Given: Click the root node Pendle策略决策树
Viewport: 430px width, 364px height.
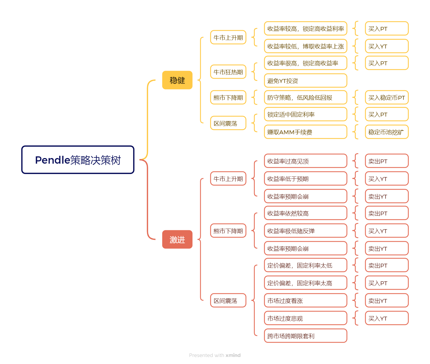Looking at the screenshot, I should (78, 160).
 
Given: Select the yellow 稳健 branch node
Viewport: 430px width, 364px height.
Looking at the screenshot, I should (177, 80).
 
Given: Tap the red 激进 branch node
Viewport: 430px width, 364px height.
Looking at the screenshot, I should (177, 239).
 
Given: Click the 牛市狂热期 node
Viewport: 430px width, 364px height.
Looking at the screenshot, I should (228, 72).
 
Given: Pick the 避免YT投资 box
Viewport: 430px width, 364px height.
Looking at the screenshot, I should (305, 81).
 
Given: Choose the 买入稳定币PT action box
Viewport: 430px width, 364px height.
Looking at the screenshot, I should (387, 98).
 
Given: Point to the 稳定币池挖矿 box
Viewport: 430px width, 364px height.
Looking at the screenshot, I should (387, 132).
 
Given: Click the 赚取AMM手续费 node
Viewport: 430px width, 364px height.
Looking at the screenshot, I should (305, 132).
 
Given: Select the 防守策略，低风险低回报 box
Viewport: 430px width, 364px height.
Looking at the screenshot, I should (305, 98).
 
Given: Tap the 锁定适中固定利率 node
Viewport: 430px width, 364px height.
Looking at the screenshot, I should (305, 114).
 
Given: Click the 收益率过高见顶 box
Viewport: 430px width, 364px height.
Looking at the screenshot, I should (305, 161).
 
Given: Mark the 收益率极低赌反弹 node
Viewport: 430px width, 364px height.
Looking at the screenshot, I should (305, 231).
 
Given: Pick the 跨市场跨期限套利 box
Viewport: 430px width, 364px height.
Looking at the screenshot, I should (305, 336).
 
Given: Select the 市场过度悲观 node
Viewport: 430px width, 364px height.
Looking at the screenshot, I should (305, 318).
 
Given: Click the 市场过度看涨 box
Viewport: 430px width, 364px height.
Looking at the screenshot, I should (305, 301).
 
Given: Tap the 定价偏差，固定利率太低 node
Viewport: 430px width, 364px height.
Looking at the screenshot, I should (305, 265).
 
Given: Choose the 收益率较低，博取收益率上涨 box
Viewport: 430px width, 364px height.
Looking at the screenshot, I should (305, 46).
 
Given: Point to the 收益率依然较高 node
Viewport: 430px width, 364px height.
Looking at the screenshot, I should (305, 213).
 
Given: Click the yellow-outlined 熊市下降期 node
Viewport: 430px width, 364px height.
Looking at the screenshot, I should (228, 98).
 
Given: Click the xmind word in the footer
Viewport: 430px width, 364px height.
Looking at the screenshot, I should (233, 355).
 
